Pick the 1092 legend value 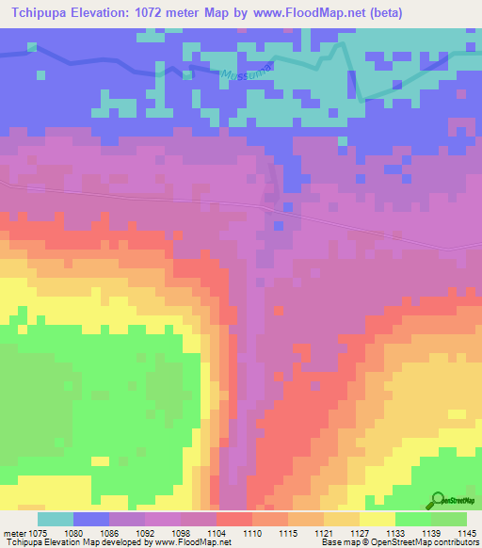145,532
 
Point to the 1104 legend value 217,532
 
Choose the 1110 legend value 252,532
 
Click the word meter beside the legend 11,532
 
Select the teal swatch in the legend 56,519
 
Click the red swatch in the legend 234,519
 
